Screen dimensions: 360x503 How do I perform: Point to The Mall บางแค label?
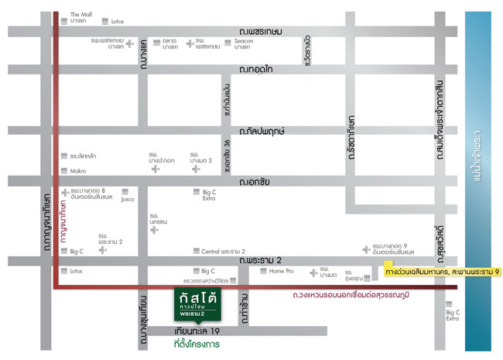tap(80, 18)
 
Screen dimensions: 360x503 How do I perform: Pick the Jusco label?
tap(128, 199)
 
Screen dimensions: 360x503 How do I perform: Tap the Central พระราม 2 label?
tap(223, 252)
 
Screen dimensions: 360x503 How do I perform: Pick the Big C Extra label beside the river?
tap(453, 315)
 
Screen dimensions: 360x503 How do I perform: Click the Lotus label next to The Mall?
tap(118, 22)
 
